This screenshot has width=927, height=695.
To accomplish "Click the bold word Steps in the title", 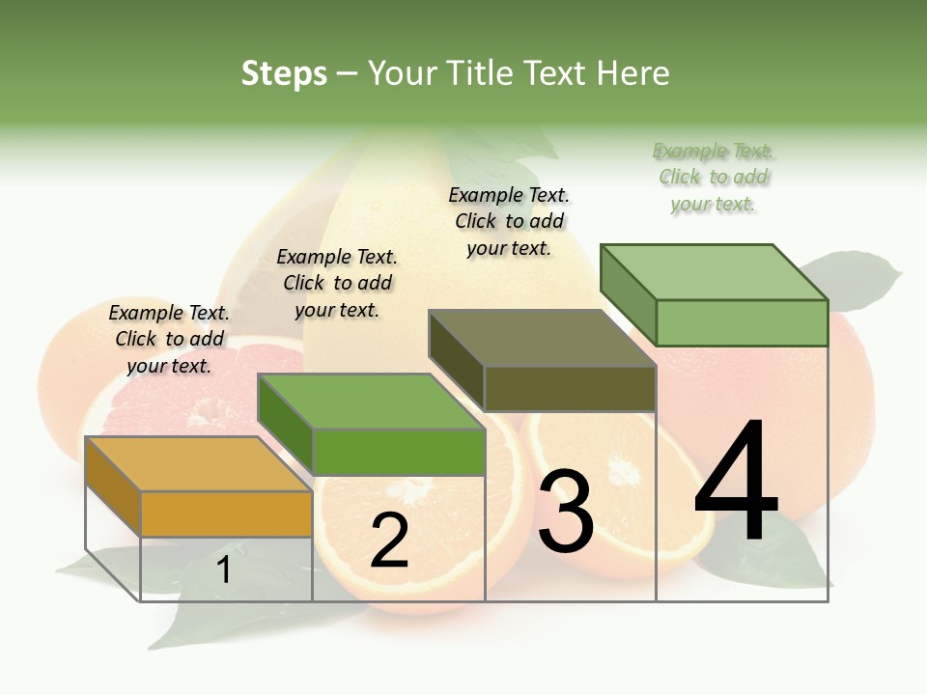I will (x=284, y=73).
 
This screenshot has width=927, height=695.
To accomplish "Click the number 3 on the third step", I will (x=566, y=511).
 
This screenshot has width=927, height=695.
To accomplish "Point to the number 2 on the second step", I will (x=389, y=541).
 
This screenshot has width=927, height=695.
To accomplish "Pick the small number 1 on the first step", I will (x=224, y=570).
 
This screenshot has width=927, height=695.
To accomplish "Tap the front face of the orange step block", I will (x=226, y=514).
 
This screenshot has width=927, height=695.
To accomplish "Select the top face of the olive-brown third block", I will (x=542, y=338).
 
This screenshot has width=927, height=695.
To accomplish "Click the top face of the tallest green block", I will (x=714, y=271).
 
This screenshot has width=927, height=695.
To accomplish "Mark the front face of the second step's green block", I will (x=398, y=452).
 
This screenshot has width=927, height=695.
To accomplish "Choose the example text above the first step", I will (x=169, y=339).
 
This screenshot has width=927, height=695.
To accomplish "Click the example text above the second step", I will (x=337, y=283).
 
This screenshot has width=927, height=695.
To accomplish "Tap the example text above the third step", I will (x=509, y=221).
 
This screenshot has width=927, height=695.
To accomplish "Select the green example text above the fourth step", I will (x=714, y=177).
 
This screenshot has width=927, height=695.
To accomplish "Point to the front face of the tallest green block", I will (x=742, y=322).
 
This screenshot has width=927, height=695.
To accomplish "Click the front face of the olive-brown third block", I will (x=570, y=389).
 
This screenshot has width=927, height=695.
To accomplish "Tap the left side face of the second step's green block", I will (x=286, y=425).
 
